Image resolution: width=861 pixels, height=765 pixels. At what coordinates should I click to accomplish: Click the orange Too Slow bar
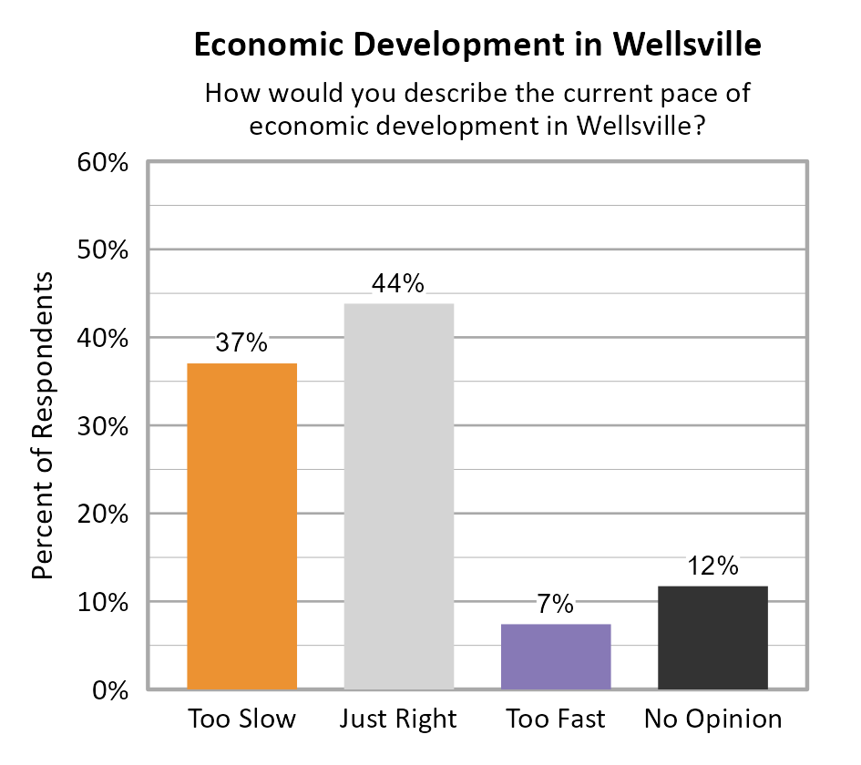(241, 525)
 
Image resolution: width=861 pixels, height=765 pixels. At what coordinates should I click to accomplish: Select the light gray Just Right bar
(398, 495)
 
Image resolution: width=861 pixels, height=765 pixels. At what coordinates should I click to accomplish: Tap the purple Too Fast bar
(556, 656)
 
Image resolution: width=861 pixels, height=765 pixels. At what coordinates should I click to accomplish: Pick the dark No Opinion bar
(712, 637)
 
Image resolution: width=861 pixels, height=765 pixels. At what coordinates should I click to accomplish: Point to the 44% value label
(398, 283)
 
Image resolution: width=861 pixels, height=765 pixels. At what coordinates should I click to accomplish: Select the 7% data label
(555, 604)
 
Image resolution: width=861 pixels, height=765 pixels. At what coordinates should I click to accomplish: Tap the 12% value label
(712, 566)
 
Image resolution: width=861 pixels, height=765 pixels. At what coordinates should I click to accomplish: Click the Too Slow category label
(242, 719)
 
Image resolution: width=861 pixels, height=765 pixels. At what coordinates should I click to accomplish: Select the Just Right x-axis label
(398, 719)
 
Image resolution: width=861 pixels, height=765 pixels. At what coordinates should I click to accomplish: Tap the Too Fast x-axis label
(556, 719)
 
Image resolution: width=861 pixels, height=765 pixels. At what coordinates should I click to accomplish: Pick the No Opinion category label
(712, 719)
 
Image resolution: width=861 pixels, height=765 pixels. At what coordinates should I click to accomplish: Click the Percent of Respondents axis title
(43, 425)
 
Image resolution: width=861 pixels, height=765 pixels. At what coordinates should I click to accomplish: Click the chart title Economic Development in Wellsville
(477, 45)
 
